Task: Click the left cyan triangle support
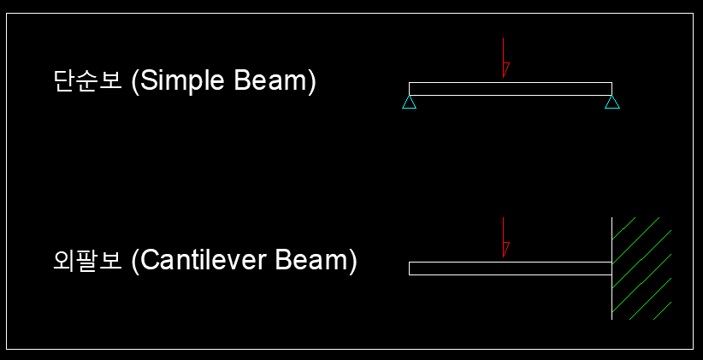click(409, 103)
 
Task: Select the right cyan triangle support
click(611, 103)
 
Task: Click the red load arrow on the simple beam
click(504, 56)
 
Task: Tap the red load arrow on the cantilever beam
click(504, 236)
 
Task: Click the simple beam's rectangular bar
click(510, 89)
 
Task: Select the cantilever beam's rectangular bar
click(510, 269)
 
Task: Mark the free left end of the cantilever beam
click(411, 269)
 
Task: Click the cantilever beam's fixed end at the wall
click(610, 269)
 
